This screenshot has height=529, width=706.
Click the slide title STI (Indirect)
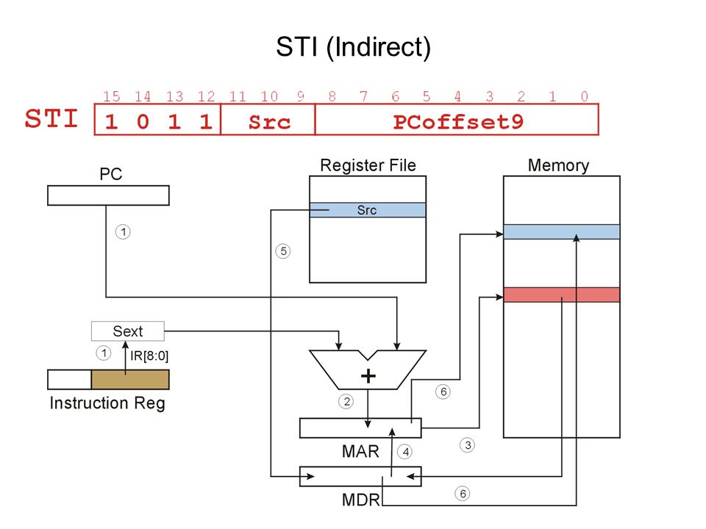[354, 47]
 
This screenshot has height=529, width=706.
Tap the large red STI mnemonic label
[51, 118]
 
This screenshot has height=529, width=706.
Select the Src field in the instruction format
[269, 122]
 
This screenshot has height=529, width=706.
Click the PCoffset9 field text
[458, 122]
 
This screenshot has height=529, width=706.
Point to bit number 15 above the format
[111, 96]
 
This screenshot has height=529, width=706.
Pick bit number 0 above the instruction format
[584, 96]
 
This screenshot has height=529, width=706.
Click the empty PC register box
[109, 195]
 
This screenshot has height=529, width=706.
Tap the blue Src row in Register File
[368, 210]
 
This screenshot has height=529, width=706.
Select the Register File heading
[368, 165]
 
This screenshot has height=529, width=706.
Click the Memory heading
[558, 165]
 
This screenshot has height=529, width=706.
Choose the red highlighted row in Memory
[561, 295]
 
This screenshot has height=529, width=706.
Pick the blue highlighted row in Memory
[561, 231]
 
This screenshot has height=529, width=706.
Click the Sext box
[128, 331]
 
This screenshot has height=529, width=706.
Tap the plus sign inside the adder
[368, 376]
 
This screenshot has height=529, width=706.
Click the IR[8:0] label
[149, 356]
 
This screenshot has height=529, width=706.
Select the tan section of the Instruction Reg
[130, 379]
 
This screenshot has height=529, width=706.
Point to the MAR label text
[360, 451]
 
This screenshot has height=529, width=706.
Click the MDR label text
[360, 500]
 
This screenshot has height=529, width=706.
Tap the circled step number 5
[283, 251]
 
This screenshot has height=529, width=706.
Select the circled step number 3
[468, 445]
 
